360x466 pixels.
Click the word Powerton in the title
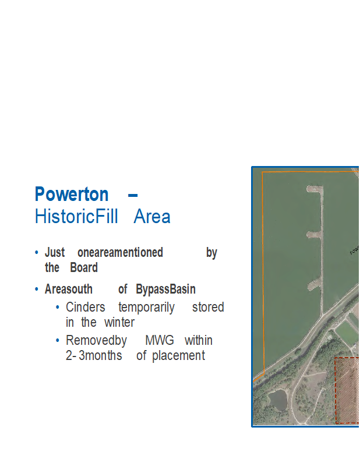tap(71, 194)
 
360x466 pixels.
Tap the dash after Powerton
tap(133, 195)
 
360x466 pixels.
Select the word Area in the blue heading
tap(152, 216)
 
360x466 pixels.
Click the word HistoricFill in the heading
tap(76, 216)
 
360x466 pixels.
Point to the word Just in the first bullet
tap(55, 253)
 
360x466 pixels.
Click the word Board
tap(84, 267)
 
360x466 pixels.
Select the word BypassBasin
tap(165, 289)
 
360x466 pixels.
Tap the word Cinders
tap(85, 308)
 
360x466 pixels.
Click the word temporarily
tap(147, 308)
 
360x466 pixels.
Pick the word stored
tap(208, 308)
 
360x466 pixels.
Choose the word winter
tap(119, 322)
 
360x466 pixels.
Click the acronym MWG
tap(160, 340)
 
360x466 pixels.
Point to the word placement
tap(179, 356)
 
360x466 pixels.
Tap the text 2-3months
tap(94, 355)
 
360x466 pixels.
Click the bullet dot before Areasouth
tap(37, 289)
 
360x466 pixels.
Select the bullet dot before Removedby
tap(58, 341)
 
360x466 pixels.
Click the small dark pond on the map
tap(277, 400)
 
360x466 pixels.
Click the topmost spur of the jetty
tap(313, 189)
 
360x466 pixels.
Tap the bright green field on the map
tap(347, 333)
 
